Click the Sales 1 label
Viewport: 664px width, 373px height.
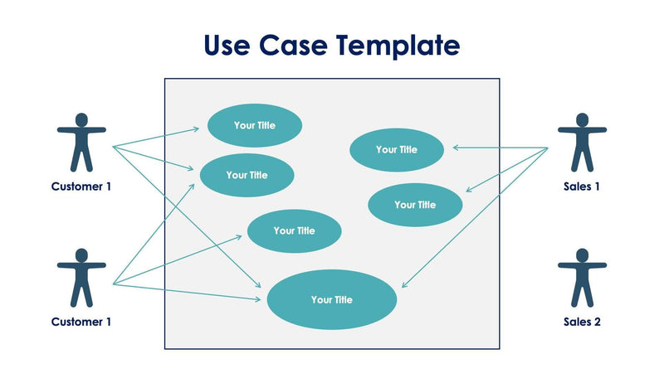coord(581,186)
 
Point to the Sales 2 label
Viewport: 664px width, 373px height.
coord(581,322)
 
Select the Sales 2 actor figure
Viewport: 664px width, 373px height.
coord(582,278)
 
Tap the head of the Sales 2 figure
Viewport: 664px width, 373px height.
coord(582,254)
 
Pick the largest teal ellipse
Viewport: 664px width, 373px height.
coord(331,300)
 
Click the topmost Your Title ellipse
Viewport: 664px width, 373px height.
coord(254,126)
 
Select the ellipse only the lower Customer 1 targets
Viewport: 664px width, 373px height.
coord(294,231)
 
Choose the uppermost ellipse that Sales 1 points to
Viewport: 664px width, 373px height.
coord(396,150)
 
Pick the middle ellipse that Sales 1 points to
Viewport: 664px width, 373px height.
coord(414,205)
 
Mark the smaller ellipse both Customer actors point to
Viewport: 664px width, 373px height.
coord(247,175)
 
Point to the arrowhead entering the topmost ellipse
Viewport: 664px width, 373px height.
coord(196,128)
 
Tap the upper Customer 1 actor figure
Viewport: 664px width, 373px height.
coord(81,143)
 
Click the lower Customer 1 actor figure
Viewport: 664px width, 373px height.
coord(81,278)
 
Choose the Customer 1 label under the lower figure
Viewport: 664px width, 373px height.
coord(81,322)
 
